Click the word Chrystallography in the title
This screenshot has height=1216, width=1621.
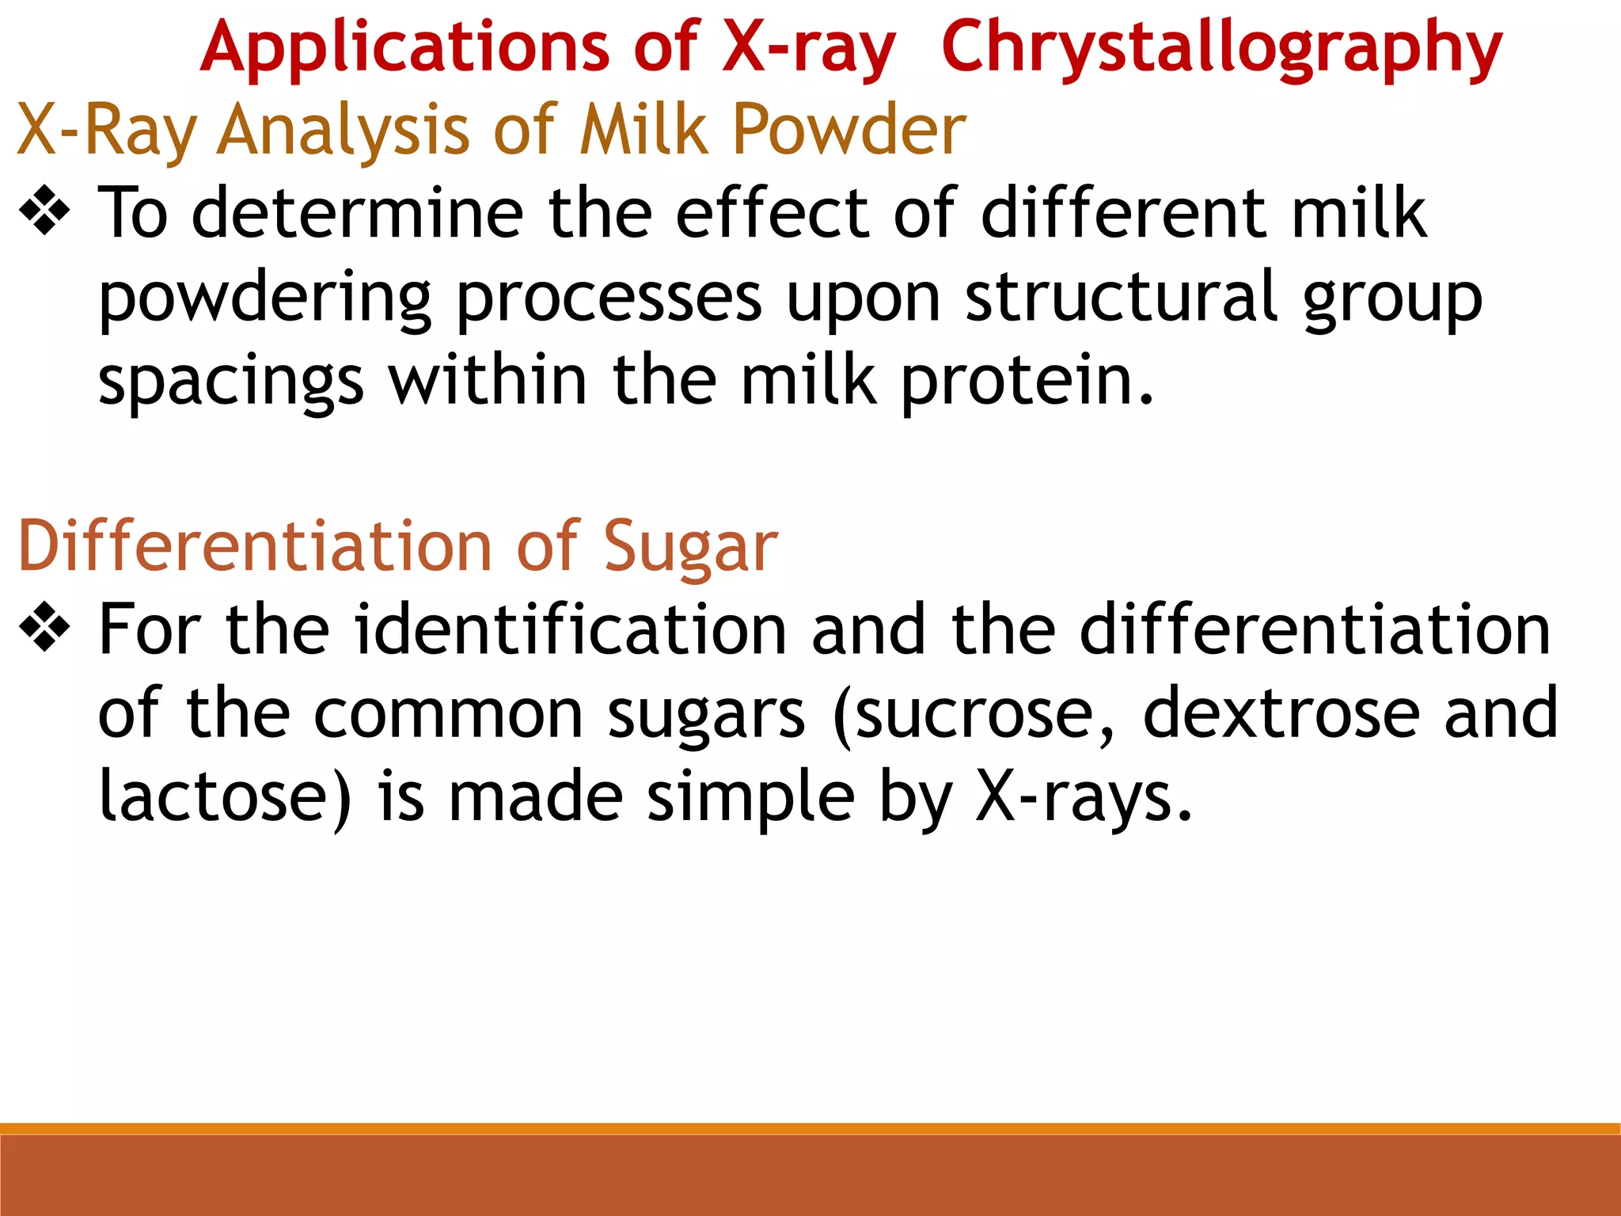(x=1221, y=49)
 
